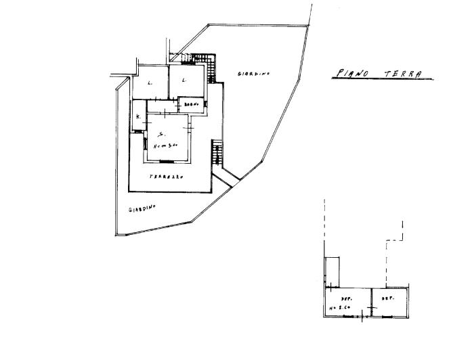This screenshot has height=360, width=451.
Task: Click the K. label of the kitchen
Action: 138,117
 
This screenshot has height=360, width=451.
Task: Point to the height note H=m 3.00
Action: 165,144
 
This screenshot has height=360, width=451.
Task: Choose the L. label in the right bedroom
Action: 184,81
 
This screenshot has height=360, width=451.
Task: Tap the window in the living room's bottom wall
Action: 165,161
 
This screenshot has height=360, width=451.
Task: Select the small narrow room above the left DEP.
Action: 332,271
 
